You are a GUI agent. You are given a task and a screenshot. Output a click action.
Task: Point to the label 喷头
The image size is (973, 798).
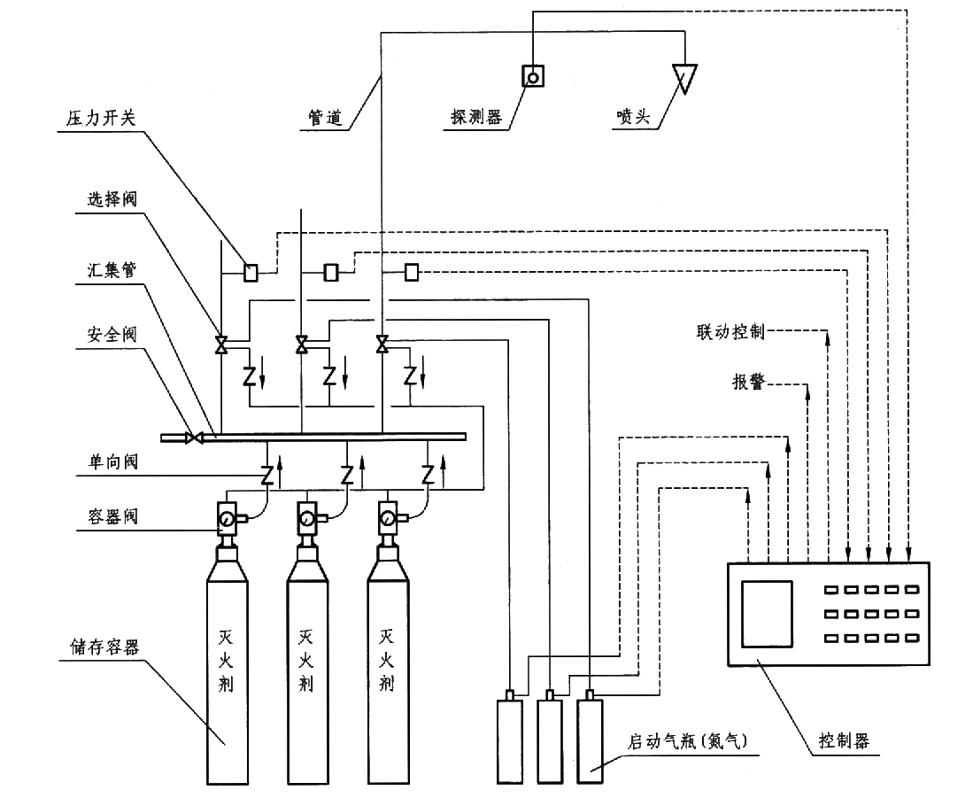(629, 119)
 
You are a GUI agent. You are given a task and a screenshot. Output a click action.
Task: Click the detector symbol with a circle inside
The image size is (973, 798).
(533, 77)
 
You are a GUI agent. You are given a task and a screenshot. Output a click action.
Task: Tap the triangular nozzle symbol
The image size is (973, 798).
(684, 77)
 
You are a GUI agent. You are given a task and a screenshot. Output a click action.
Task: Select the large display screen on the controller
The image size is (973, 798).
(767, 613)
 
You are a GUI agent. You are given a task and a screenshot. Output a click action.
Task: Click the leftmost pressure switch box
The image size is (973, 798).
(251, 272)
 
